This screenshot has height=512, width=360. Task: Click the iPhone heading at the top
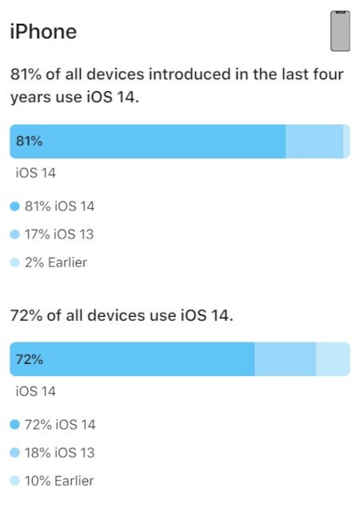43,32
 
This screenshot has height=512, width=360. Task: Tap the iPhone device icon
341,31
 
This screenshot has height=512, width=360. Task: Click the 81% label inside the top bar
29,142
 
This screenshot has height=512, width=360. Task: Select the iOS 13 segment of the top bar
314,142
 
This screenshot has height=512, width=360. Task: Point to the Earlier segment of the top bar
346,142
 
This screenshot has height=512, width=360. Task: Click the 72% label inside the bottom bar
29,359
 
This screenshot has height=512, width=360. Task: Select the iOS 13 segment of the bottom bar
285,359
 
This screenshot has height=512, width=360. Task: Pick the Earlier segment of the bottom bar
333,359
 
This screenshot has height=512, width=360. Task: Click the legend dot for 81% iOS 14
14,206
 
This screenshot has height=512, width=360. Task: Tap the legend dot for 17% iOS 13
14,234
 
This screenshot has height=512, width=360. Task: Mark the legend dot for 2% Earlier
14,262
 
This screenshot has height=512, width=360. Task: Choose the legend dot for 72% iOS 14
14,425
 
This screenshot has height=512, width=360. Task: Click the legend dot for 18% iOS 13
14,453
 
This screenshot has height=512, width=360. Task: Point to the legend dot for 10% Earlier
14,481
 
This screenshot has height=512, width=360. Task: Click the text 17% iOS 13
59,234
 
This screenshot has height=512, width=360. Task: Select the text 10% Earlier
59,481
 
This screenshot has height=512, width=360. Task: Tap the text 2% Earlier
56,262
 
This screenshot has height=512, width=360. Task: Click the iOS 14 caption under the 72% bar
37,391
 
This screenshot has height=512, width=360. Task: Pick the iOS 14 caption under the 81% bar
37,172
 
